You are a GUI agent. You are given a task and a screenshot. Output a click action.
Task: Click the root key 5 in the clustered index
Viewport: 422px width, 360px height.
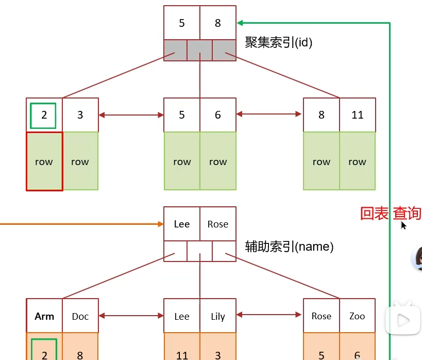(182, 23)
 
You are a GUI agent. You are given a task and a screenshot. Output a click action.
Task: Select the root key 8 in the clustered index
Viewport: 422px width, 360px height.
(218, 23)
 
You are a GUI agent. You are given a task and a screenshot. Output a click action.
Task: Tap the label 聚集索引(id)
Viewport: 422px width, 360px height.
(279, 42)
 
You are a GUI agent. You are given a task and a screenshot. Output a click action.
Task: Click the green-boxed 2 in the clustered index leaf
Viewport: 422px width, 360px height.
(44, 115)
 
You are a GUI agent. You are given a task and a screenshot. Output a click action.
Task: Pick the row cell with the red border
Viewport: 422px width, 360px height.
(44, 161)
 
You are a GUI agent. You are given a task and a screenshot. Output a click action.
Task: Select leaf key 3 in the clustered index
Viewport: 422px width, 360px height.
(80, 115)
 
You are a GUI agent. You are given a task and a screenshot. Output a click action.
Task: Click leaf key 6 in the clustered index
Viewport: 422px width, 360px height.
(218, 115)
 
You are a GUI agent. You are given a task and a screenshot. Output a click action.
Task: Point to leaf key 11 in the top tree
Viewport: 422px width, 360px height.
(358, 115)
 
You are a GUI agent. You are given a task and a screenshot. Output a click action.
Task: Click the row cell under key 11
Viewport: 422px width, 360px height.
(358, 161)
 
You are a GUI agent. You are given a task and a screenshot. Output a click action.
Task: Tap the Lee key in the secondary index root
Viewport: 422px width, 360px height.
(182, 224)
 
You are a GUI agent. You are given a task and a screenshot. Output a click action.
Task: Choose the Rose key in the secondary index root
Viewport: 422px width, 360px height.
(218, 224)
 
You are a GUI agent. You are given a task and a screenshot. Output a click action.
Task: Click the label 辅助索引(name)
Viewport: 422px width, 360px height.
(289, 247)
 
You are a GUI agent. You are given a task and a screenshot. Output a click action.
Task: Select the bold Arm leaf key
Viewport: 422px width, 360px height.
(44, 316)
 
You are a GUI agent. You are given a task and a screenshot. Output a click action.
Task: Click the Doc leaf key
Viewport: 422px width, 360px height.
(80, 316)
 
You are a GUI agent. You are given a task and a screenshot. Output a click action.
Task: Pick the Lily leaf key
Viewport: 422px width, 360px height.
(218, 316)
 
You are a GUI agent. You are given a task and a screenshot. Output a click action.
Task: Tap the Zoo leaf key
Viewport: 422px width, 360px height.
(358, 316)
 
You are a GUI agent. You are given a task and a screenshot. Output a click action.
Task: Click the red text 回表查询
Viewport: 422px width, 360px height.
(390, 214)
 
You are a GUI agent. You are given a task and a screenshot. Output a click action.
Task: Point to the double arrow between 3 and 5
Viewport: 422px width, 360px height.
(131, 114)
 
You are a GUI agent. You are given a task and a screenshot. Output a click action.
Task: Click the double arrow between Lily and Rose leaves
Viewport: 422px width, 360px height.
(269, 314)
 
